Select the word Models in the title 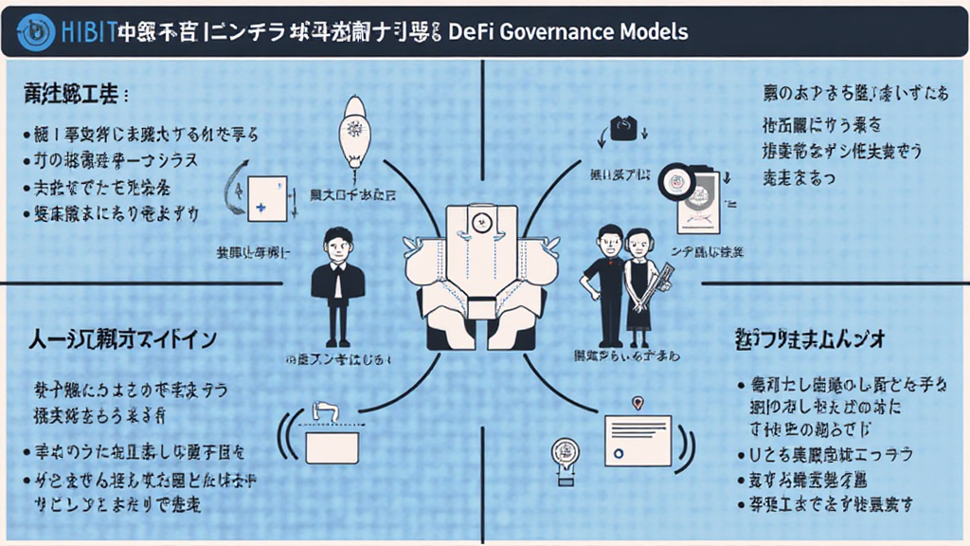[x=656, y=31]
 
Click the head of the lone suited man [x=337, y=243]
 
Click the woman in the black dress [x=638, y=284]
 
